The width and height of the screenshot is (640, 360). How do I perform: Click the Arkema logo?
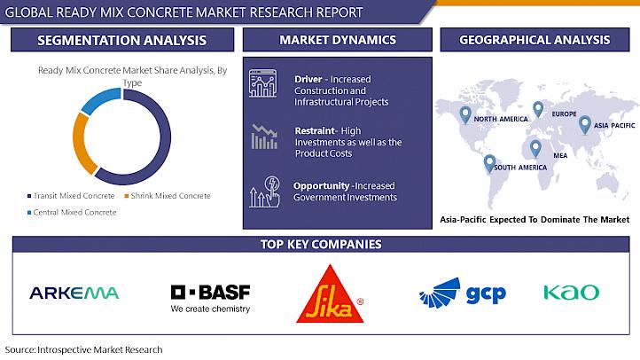pyautogui.click(x=74, y=293)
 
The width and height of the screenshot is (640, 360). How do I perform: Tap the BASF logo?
pyautogui.click(x=210, y=298)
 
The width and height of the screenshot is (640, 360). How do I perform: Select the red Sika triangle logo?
pyautogui.click(x=331, y=293)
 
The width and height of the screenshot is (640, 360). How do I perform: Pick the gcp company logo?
pyautogui.click(x=463, y=293)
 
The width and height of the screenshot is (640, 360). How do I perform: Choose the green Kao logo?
pyautogui.click(x=572, y=293)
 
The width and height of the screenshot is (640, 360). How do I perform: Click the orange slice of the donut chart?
pyautogui.click(x=83, y=144)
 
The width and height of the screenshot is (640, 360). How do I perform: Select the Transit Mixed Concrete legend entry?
pyautogui.click(x=71, y=196)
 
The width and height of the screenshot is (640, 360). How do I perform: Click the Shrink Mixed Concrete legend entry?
pyautogui.click(x=168, y=196)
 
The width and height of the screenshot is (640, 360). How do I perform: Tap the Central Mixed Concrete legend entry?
pyautogui.click(x=72, y=212)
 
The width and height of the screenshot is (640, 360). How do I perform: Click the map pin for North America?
pyautogui.click(x=464, y=114)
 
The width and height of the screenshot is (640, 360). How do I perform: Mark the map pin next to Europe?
pyautogui.click(x=538, y=109)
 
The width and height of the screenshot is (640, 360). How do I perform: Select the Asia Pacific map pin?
pyautogui.click(x=585, y=125)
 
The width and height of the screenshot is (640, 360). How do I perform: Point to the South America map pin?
pyautogui.click(x=489, y=163)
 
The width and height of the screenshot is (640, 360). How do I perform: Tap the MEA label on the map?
pyautogui.click(x=560, y=155)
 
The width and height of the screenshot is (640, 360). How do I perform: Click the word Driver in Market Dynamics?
pyautogui.click(x=308, y=79)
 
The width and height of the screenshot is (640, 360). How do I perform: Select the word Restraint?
pyautogui.click(x=315, y=130)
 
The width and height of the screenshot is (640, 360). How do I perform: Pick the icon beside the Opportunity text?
pyautogui.click(x=265, y=192)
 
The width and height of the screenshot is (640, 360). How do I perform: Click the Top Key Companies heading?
pyautogui.click(x=321, y=244)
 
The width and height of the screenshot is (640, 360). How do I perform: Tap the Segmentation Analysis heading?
pyautogui.click(x=122, y=40)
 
